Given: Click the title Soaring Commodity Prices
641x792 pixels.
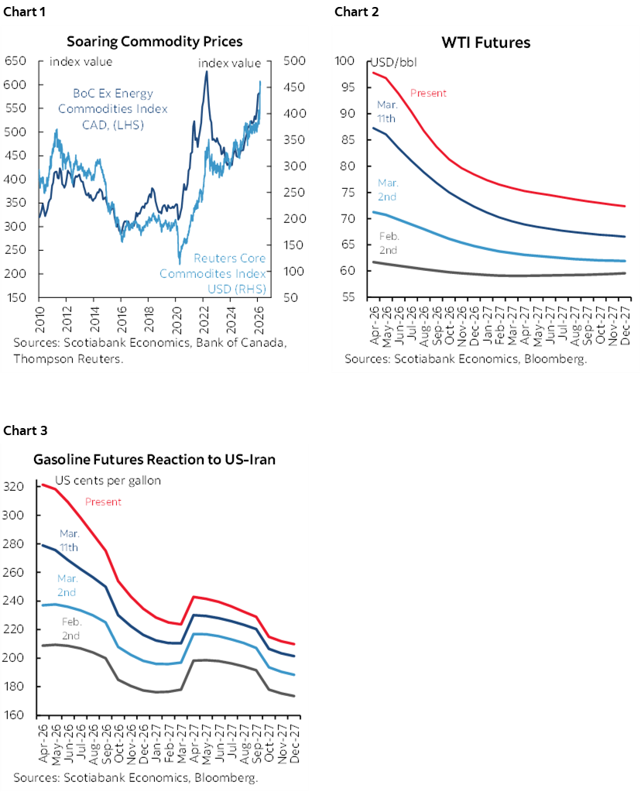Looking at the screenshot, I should coord(154,41).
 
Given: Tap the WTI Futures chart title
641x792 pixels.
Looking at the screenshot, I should coord(485,43).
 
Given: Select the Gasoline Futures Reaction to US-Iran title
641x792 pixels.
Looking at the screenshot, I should coord(154,459).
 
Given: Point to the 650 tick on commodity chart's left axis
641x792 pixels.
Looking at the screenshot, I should coord(14,61).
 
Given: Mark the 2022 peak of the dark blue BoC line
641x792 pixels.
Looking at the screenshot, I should coord(206,72).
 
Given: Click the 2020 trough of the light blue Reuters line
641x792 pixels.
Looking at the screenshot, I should coord(180,263).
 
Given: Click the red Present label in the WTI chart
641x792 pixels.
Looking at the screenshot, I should coord(428,93).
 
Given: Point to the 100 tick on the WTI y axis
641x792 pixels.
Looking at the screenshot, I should coord(345,61).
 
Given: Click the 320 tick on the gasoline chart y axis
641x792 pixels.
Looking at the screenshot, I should coord(15,487).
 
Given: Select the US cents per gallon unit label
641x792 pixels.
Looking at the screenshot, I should coord(107,480).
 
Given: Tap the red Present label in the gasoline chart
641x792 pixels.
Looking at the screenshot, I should coord(103,502).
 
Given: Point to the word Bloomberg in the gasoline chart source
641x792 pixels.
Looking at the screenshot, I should coord(224,778).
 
